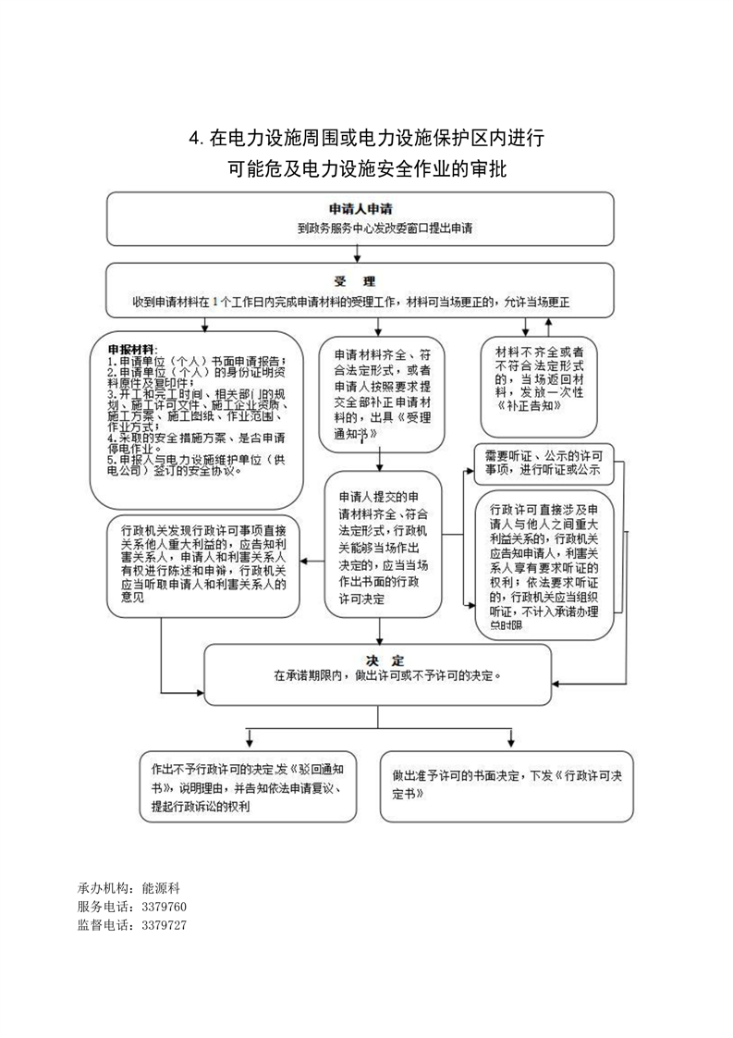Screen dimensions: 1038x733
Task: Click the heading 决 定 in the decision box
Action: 385,661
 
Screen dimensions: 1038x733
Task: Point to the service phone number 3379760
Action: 165,906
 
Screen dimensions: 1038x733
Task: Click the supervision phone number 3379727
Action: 165,924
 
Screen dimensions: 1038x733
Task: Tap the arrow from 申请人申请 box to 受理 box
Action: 367,255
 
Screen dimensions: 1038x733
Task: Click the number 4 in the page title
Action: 194,140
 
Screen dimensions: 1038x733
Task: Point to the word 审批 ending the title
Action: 485,171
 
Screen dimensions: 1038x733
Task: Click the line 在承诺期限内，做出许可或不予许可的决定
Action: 386,676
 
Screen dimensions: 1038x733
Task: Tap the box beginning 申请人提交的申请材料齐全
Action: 379,544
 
